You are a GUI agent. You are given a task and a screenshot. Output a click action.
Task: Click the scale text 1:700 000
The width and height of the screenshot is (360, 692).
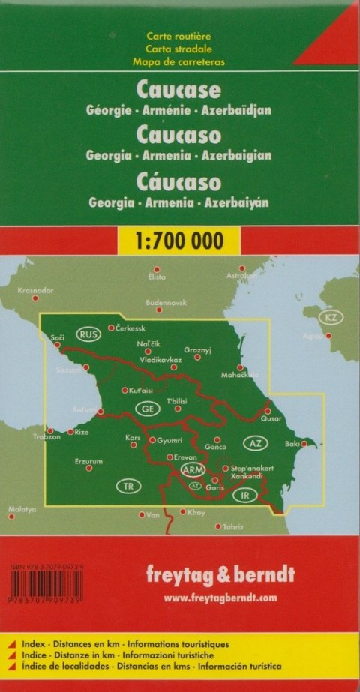tap(180, 241)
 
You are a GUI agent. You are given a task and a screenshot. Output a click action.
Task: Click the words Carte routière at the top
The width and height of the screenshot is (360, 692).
tap(179, 36)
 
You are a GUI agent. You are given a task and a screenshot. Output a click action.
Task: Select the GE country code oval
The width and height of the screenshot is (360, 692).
tap(147, 409)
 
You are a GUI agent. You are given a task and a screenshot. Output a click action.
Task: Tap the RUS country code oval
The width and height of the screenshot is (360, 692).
tap(90, 334)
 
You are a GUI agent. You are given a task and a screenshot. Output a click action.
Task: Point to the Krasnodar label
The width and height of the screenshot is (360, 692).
tap(36, 289)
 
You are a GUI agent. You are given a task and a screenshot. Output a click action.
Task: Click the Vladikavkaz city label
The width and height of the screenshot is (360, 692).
tap(161, 360)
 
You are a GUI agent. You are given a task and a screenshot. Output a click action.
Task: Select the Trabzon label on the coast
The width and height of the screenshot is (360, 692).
tap(46, 436)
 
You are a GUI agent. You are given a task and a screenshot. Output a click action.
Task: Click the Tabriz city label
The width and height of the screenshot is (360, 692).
tap(233, 526)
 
